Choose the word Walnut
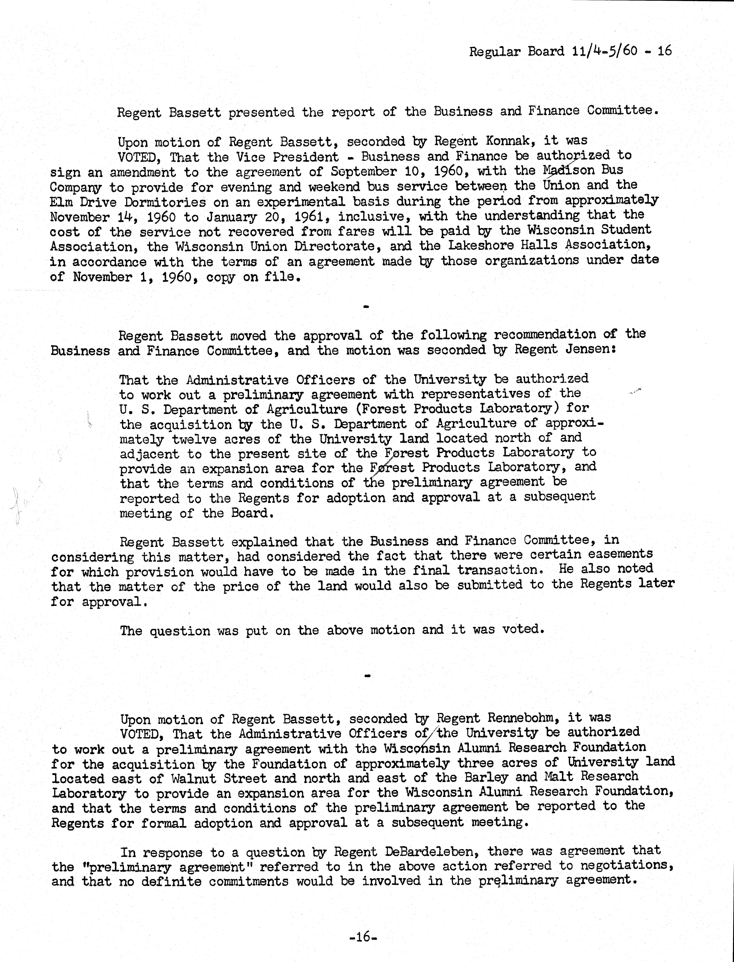coord(192,778)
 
